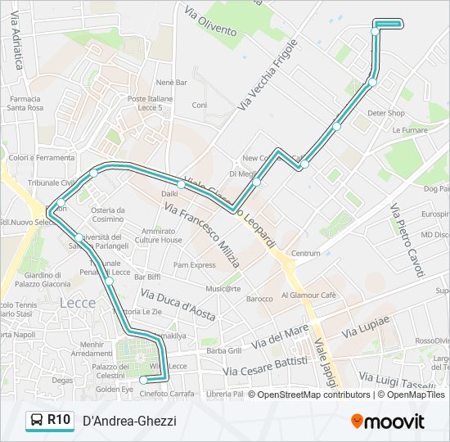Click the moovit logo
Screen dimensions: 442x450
[388, 422]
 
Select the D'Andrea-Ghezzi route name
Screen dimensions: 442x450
[129, 421]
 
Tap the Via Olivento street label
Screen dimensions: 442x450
[210, 22]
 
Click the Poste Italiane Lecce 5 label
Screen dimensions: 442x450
[150, 103]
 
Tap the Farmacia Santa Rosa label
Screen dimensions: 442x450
[25, 103]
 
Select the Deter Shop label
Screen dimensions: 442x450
[386, 113]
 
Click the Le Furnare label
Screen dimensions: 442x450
[410, 129]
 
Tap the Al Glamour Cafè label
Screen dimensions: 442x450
[308, 295]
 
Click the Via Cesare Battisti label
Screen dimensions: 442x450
[268, 367]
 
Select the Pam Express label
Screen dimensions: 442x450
[194, 264]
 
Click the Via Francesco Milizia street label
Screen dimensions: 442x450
[202, 237]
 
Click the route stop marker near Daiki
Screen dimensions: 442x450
[181, 184]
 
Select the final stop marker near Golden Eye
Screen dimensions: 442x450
[144, 380]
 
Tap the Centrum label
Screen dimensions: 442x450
[306, 253]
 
